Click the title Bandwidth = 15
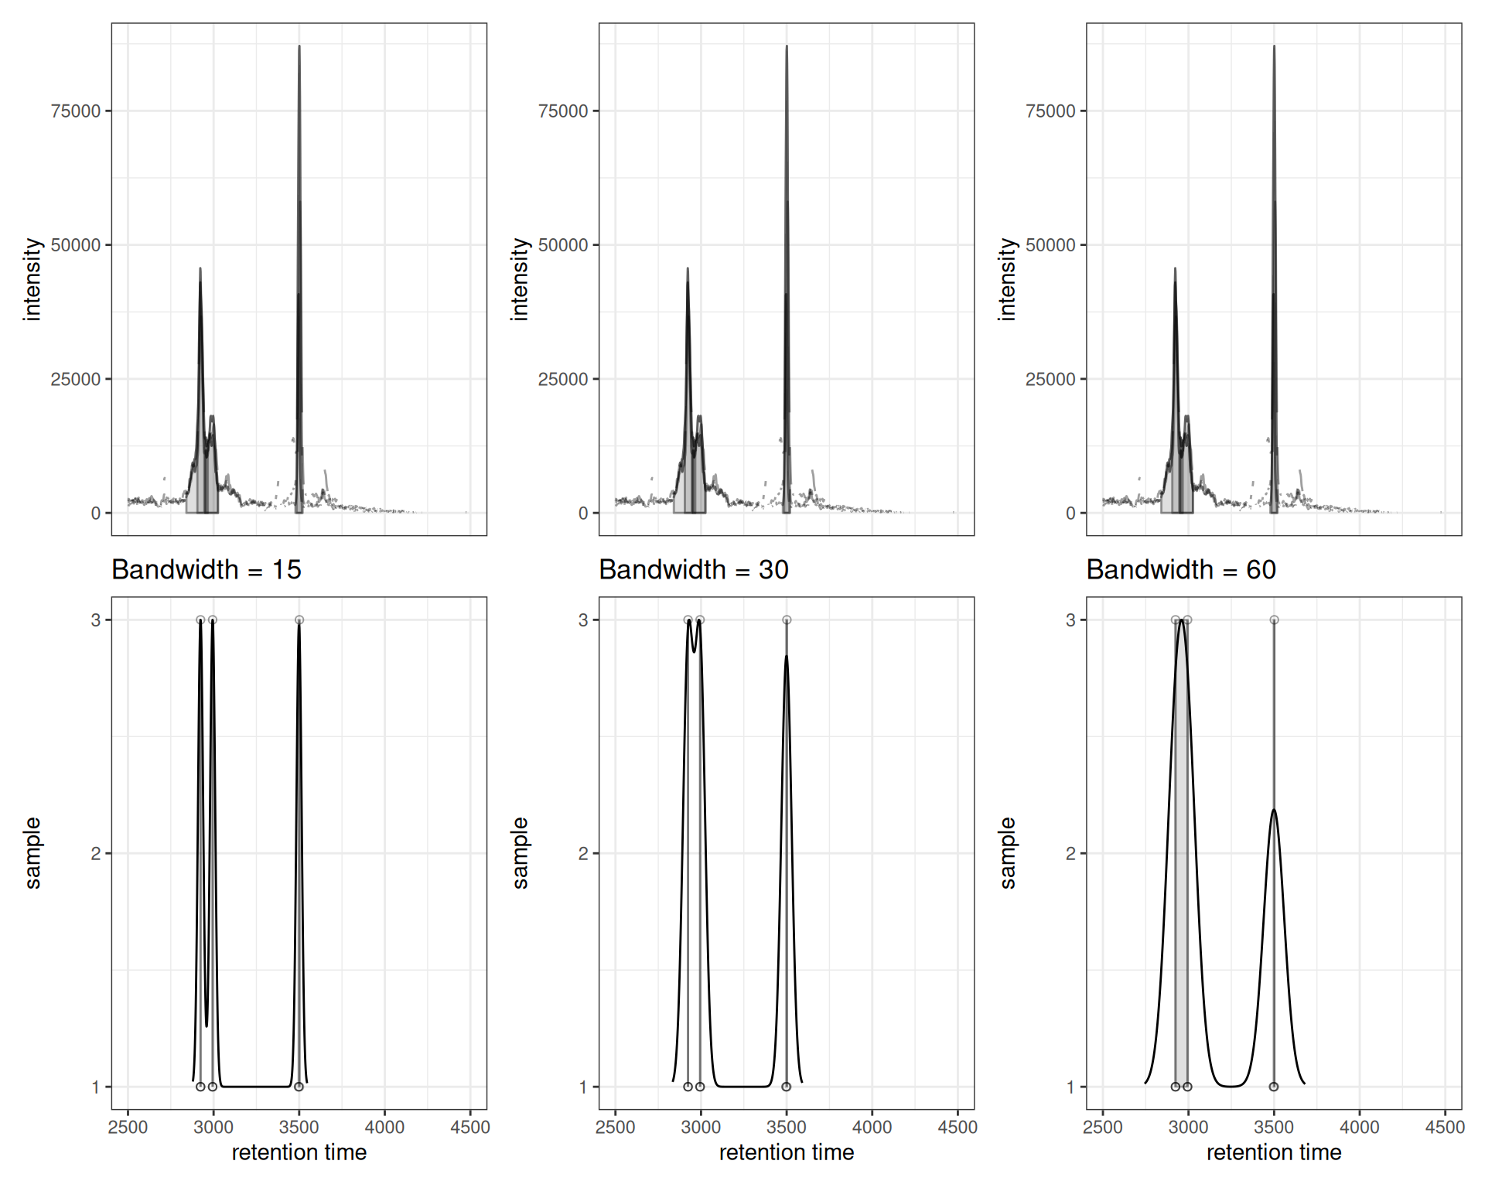pyautogui.click(x=207, y=570)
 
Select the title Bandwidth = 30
pyautogui.click(x=694, y=570)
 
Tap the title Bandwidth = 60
pyautogui.click(x=1181, y=570)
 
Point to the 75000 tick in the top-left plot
pyautogui.click(x=76, y=111)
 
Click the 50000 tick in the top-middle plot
pyautogui.click(x=563, y=245)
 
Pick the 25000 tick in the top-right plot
pyautogui.click(x=1050, y=380)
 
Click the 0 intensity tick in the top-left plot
pyautogui.click(x=96, y=514)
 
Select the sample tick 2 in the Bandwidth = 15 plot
pyautogui.click(x=96, y=854)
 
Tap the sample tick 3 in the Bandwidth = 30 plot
pyautogui.click(x=583, y=620)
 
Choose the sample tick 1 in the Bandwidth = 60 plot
pyautogui.click(x=1070, y=1087)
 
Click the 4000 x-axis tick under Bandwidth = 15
pyautogui.click(x=384, y=1128)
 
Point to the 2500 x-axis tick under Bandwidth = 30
pyautogui.click(x=616, y=1128)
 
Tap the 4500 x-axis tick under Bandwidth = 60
pyautogui.click(x=1445, y=1128)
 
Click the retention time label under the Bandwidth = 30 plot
pyautogui.click(x=787, y=1153)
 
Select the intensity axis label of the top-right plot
pyautogui.click(x=1006, y=279)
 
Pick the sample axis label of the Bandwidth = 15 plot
pyautogui.click(x=32, y=853)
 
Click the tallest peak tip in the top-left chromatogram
pyautogui.click(x=299, y=47)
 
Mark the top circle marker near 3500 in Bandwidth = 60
pyautogui.click(x=1274, y=620)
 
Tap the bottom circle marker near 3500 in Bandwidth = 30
pyautogui.click(x=787, y=1087)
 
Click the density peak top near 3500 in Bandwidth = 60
pyautogui.click(x=1273, y=810)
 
